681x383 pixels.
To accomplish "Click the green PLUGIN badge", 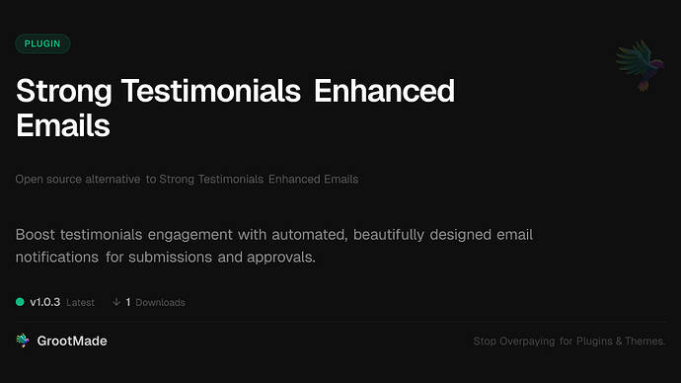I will (42, 43).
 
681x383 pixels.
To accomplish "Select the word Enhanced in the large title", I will (384, 93).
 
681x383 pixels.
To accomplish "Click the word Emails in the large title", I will (63, 125).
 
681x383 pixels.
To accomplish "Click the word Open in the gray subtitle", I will (30, 180).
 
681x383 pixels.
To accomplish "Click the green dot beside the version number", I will (20, 301).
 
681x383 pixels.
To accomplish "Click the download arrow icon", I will (116, 301).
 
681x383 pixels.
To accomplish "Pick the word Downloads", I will (160, 302).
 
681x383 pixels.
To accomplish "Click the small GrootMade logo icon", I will (23, 341).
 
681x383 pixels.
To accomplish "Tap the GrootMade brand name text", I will (74, 341).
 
